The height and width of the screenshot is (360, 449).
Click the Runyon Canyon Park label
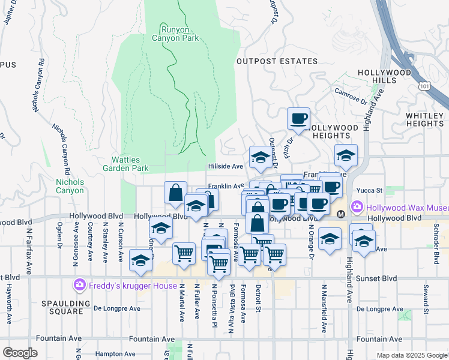tap(179, 33)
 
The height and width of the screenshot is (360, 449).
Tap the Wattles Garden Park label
tap(130, 164)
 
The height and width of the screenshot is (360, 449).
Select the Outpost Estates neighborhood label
tap(277, 61)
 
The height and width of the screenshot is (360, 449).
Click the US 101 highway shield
tap(425, 86)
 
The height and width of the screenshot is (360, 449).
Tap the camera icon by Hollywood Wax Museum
tap(357, 206)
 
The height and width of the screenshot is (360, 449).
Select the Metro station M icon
tap(340, 214)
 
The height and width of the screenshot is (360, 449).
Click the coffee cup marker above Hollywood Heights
tap(298, 118)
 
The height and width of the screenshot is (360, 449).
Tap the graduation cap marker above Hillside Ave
tap(260, 157)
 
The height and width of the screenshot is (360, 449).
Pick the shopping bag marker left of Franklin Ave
tap(175, 193)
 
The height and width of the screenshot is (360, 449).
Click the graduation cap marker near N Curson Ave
tap(140, 260)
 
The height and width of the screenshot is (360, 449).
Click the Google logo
tap(20, 353)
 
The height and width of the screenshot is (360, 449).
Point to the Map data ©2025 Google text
tap(411, 355)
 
